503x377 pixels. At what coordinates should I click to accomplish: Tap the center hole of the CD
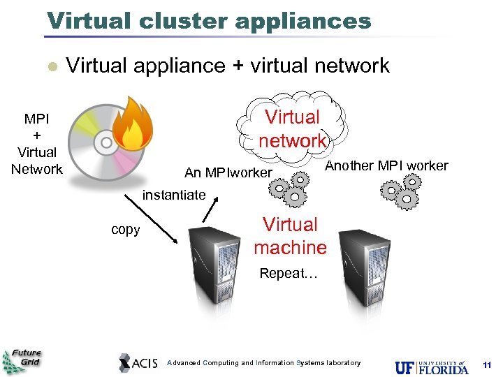(107, 143)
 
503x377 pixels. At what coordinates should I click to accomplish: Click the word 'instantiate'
(174, 195)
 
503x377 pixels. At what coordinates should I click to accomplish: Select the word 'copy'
(126, 230)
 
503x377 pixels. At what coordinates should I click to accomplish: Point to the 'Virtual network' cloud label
(293, 128)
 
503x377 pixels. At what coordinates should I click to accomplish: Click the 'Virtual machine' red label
(290, 236)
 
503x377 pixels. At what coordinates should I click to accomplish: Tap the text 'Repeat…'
(289, 274)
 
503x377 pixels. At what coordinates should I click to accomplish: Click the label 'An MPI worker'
(228, 172)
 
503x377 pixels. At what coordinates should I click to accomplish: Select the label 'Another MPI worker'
(386, 165)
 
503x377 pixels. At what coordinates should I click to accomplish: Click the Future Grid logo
(22, 361)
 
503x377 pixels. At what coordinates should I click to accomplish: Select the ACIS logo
(138, 362)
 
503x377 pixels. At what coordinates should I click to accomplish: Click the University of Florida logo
(432, 367)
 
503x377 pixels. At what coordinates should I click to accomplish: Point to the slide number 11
(487, 365)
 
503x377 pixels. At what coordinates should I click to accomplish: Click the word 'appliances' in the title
(302, 20)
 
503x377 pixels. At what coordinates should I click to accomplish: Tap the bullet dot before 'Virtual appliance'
(50, 67)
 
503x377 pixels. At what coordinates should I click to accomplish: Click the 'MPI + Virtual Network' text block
(37, 143)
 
